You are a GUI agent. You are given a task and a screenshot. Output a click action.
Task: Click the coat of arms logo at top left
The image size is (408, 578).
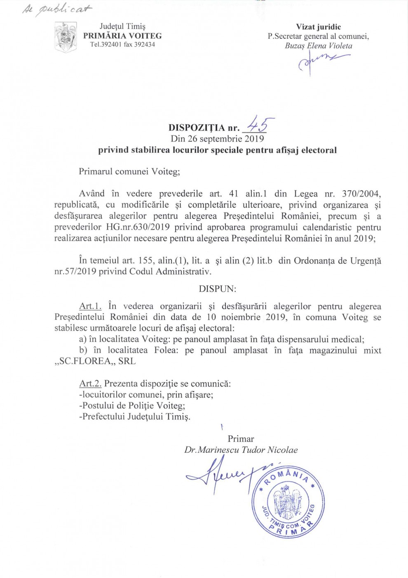point(66,38)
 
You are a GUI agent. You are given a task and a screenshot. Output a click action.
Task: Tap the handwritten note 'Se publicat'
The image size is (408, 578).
point(57,9)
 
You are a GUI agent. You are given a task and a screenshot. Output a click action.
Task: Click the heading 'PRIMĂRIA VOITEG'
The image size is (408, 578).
point(122,36)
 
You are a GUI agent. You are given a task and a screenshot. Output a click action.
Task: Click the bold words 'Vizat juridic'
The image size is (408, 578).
point(318,27)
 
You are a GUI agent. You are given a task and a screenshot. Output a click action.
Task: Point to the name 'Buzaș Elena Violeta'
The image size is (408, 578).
point(318,46)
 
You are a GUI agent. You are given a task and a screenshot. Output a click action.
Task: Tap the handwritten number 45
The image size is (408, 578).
point(260,124)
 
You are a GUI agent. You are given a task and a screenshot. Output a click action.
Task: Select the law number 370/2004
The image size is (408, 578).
point(361,194)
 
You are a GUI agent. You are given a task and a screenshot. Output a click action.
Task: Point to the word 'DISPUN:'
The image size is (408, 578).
point(218,289)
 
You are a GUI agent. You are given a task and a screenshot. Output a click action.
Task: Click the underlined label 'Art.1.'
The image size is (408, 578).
point(90,306)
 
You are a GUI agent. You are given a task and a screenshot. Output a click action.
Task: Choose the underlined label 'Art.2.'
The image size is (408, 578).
point(90,384)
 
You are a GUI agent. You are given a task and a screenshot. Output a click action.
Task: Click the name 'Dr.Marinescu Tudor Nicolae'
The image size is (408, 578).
point(241,450)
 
